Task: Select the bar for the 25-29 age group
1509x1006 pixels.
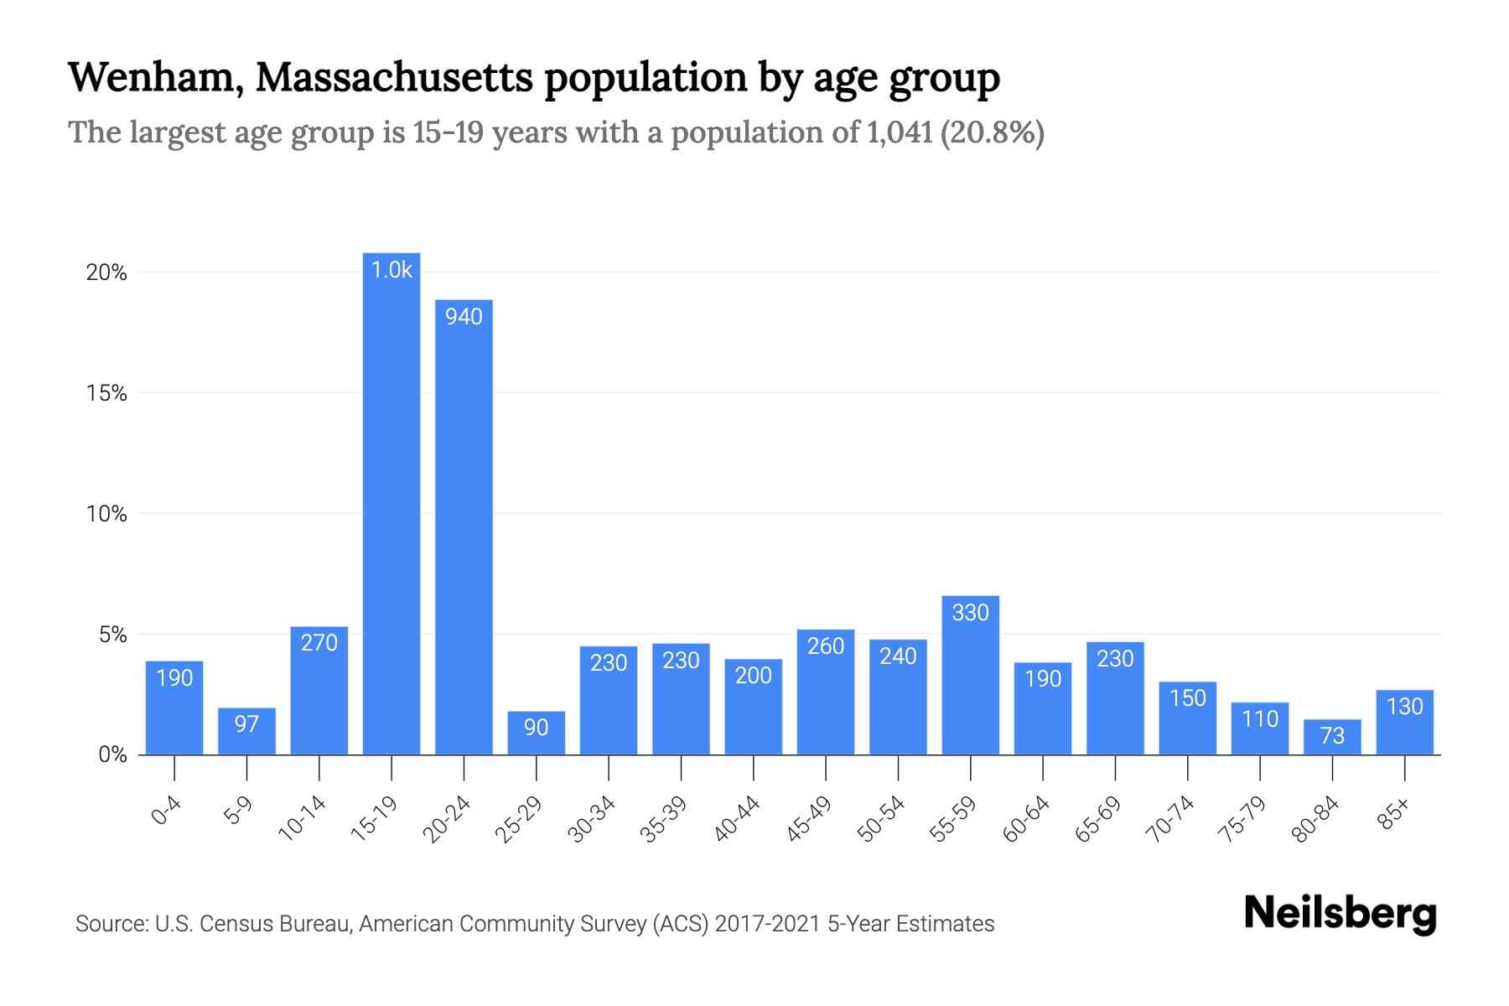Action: coord(536,733)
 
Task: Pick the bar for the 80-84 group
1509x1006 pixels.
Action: coord(1332,738)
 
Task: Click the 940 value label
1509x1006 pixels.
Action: coord(464,317)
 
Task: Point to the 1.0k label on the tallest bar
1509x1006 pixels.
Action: coord(392,270)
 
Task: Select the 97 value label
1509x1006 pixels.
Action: coord(246,723)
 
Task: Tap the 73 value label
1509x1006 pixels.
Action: coord(1332,736)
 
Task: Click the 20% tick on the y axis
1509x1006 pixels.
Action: coord(106,272)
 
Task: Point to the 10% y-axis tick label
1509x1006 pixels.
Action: coord(106,514)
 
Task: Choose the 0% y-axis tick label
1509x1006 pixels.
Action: coord(112,755)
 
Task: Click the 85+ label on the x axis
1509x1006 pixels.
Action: coord(1394,814)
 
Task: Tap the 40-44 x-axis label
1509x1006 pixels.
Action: coord(737,819)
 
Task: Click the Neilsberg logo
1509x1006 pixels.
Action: coord(1340,914)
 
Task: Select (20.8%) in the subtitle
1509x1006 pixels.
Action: coord(993,132)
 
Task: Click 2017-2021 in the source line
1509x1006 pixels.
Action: coord(767,924)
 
